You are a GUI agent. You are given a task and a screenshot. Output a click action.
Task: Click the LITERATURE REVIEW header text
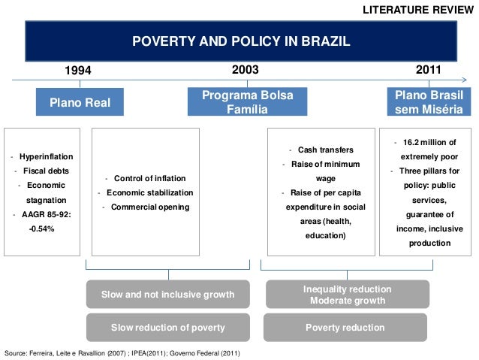point(417,10)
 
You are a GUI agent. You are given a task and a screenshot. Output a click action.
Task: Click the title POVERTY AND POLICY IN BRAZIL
point(240,41)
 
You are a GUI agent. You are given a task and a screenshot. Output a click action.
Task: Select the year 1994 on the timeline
point(77,71)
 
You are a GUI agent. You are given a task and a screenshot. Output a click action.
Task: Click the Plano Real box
point(80,102)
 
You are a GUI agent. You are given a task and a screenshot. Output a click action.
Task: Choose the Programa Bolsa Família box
point(247,102)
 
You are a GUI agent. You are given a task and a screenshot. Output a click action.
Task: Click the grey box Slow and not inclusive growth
point(167,295)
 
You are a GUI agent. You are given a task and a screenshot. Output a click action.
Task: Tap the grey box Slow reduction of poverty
point(167,328)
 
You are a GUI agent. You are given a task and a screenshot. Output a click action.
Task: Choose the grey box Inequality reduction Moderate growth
point(347,295)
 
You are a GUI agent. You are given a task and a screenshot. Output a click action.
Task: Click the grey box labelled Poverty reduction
point(345,328)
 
